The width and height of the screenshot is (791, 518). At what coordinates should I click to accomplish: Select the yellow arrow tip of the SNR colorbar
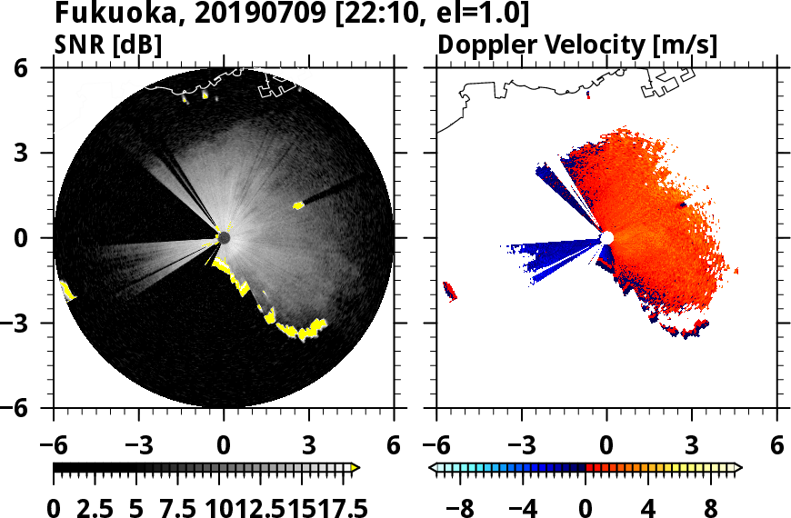tap(355, 468)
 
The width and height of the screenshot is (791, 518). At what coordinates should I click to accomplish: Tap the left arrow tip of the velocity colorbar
tap(434, 468)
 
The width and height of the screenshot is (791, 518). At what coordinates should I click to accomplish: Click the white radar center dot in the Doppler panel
tap(606, 238)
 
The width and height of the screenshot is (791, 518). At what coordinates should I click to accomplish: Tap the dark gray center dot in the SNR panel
tap(224, 238)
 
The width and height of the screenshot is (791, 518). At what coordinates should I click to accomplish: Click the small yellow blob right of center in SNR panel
tap(298, 205)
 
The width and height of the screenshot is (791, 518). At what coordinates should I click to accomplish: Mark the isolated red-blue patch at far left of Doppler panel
tap(449, 291)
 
